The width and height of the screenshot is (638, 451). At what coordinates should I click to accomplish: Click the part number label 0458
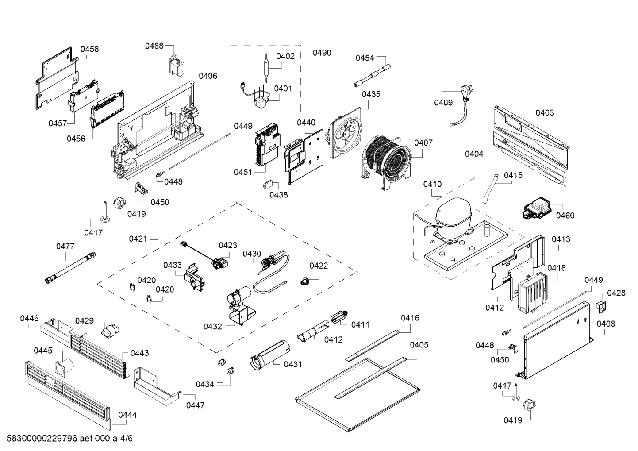[89, 49]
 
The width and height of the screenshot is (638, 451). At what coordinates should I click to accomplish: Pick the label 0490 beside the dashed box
[322, 53]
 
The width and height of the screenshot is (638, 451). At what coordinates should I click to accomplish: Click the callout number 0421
[138, 239]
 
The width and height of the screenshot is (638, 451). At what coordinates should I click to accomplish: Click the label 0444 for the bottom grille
[127, 415]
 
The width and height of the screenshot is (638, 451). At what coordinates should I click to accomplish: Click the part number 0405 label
[419, 344]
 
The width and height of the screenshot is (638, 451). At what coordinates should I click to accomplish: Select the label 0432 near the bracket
[212, 326]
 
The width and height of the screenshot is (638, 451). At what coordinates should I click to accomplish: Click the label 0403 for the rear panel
[545, 112]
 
